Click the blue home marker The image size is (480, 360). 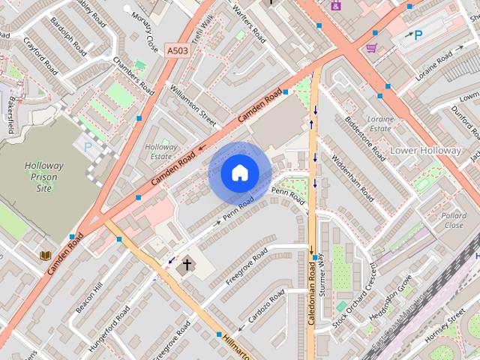239,173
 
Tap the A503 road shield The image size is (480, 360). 177,50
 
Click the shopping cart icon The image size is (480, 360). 371,48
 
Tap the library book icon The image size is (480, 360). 46,256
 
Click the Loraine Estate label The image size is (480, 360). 381,123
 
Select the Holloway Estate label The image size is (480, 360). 160,151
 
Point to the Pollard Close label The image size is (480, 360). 454,220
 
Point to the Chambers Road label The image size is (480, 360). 134,76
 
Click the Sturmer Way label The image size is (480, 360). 322,275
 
